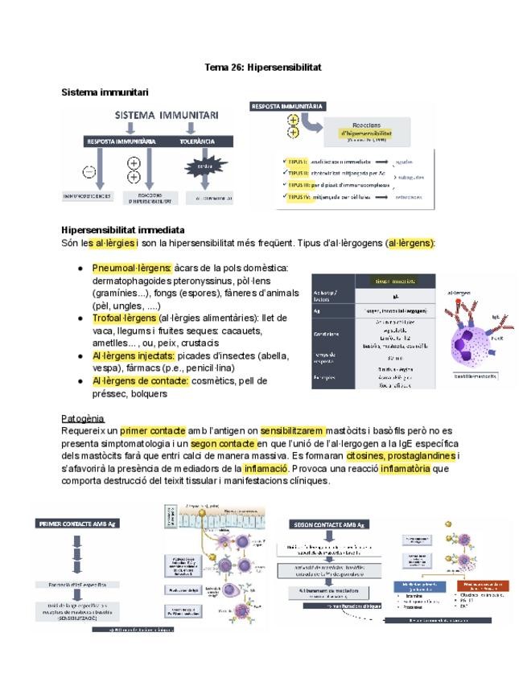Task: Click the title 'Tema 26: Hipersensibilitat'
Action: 263,68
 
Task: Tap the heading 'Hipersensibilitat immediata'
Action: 122,230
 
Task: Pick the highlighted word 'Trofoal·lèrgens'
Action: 124,318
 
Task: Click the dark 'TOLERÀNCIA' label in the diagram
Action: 196,141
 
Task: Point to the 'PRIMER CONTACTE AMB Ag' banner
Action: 72,524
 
